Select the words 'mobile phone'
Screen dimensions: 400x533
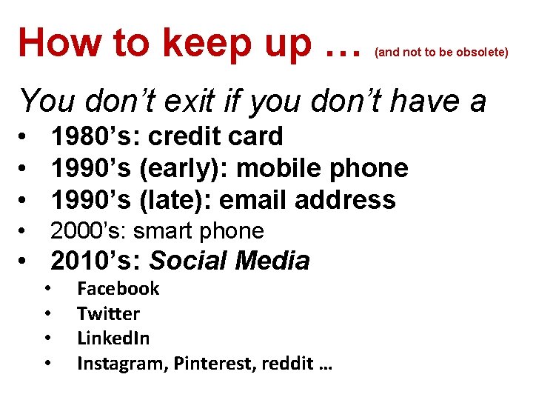coord(322,168)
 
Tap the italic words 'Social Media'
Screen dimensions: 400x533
coord(229,261)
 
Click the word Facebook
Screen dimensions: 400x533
coord(118,288)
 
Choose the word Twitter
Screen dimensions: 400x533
coord(108,313)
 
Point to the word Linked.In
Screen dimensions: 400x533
coord(113,339)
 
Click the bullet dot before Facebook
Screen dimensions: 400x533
coord(47,288)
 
